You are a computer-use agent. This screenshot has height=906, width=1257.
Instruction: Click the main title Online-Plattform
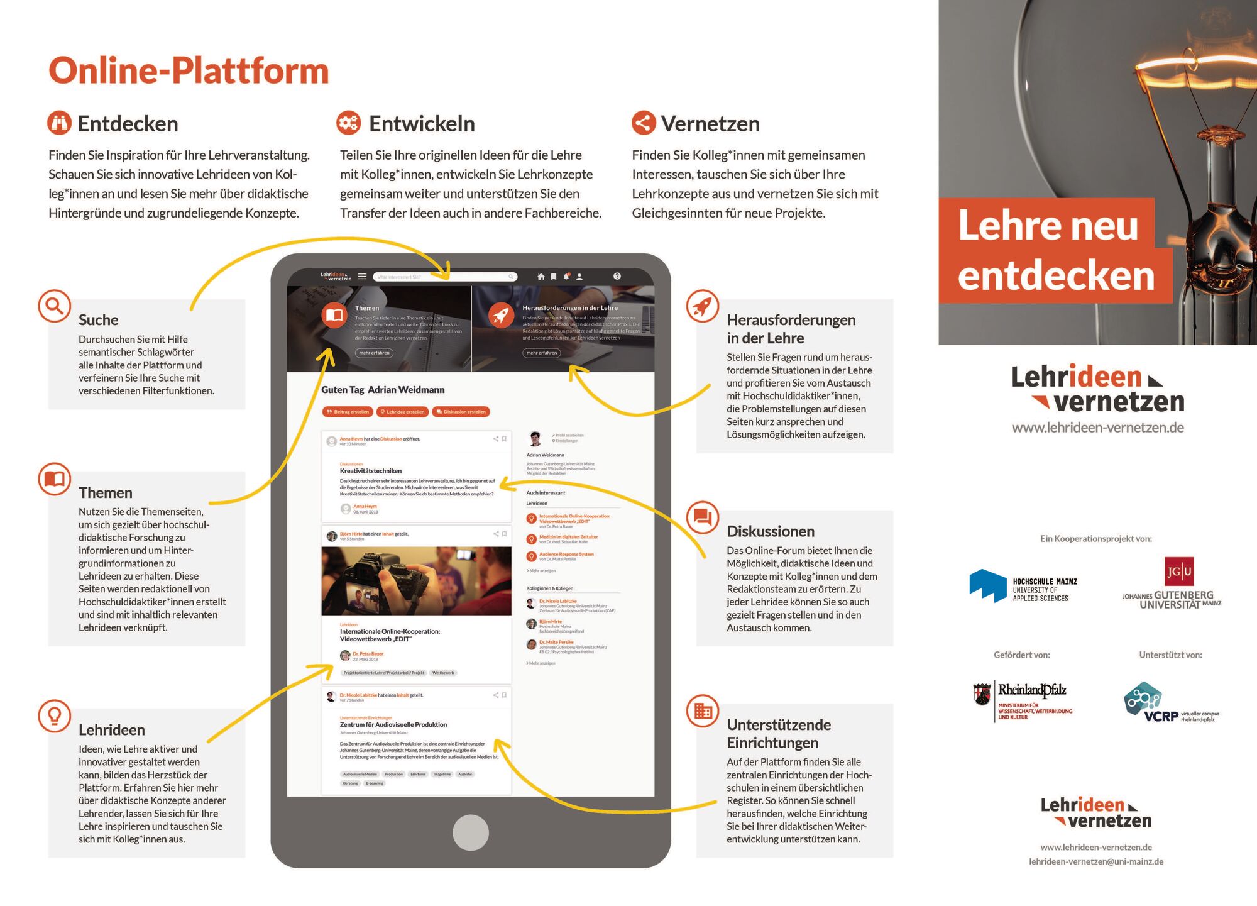(x=189, y=70)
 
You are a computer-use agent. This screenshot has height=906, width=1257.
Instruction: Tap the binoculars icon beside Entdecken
(x=60, y=123)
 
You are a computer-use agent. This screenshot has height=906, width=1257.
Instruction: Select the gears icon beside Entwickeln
(x=348, y=123)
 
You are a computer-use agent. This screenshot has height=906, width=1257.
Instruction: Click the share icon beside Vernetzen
(x=644, y=123)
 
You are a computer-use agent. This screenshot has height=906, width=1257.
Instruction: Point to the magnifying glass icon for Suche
(x=54, y=306)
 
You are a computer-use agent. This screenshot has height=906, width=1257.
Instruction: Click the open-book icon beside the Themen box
(x=54, y=479)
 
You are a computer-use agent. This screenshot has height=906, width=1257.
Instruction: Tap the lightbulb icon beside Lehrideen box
(x=54, y=715)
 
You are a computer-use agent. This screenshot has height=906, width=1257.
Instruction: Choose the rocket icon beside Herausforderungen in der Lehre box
(x=702, y=306)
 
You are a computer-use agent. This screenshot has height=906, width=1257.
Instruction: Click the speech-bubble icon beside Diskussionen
(x=702, y=517)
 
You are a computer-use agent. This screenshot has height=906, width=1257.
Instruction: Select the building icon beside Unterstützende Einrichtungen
(x=702, y=710)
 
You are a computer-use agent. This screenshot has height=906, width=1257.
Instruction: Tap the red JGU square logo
(x=1178, y=572)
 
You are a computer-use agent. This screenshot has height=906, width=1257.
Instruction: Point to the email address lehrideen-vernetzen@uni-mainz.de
(x=1095, y=861)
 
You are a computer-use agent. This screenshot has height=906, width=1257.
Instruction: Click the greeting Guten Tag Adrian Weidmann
(x=383, y=390)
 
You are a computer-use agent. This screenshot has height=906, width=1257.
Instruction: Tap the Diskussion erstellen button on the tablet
(x=462, y=412)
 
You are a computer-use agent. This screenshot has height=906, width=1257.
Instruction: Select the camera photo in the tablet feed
(x=416, y=580)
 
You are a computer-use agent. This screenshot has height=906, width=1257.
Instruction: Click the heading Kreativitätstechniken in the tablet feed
(x=371, y=471)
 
